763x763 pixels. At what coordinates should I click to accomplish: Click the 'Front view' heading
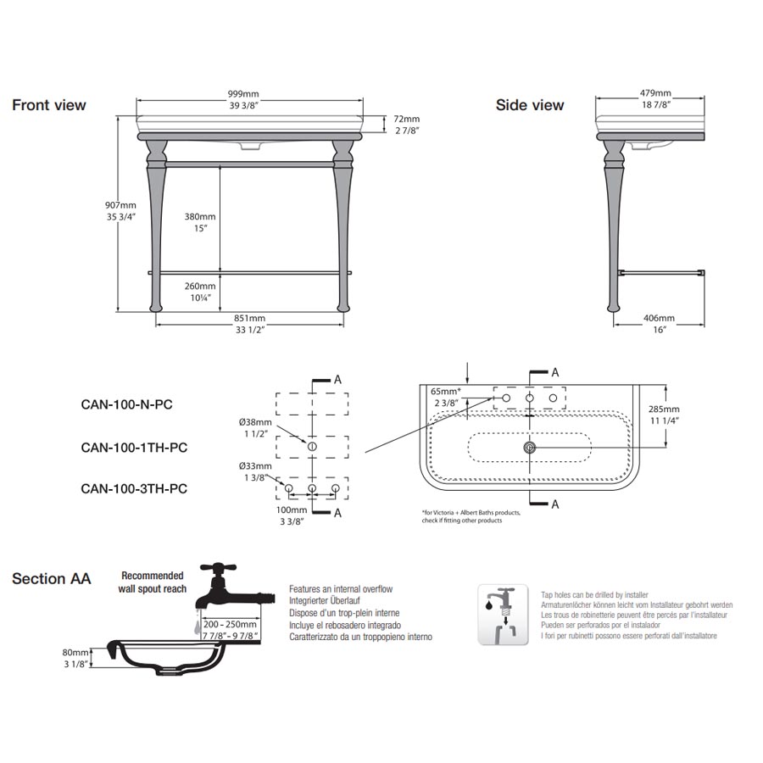[48, 105]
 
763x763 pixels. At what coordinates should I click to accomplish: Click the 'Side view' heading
[530, 105]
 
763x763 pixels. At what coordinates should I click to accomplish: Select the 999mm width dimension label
[242, 92]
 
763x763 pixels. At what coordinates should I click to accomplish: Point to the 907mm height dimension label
[120, 205]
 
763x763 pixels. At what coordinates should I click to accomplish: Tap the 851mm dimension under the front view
[251, 319]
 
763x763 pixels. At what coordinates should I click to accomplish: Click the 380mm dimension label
[200, 216]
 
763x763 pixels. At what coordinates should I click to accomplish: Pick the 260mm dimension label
[200, 286]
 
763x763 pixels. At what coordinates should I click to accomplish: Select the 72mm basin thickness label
[406, 120]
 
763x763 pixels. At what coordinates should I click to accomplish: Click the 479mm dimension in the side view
[654, 92]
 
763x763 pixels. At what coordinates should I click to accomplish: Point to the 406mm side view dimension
[660, 318]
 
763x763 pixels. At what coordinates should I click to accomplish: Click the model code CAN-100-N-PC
[126, 404]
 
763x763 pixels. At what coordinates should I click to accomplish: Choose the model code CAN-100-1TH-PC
[133, 447]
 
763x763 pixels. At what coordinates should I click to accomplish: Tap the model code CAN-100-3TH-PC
[134, 488]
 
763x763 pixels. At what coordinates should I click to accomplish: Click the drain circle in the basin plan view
[530, 447]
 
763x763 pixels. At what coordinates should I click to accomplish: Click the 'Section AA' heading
[51, 579]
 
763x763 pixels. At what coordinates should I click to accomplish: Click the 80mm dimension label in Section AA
[75, 653]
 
